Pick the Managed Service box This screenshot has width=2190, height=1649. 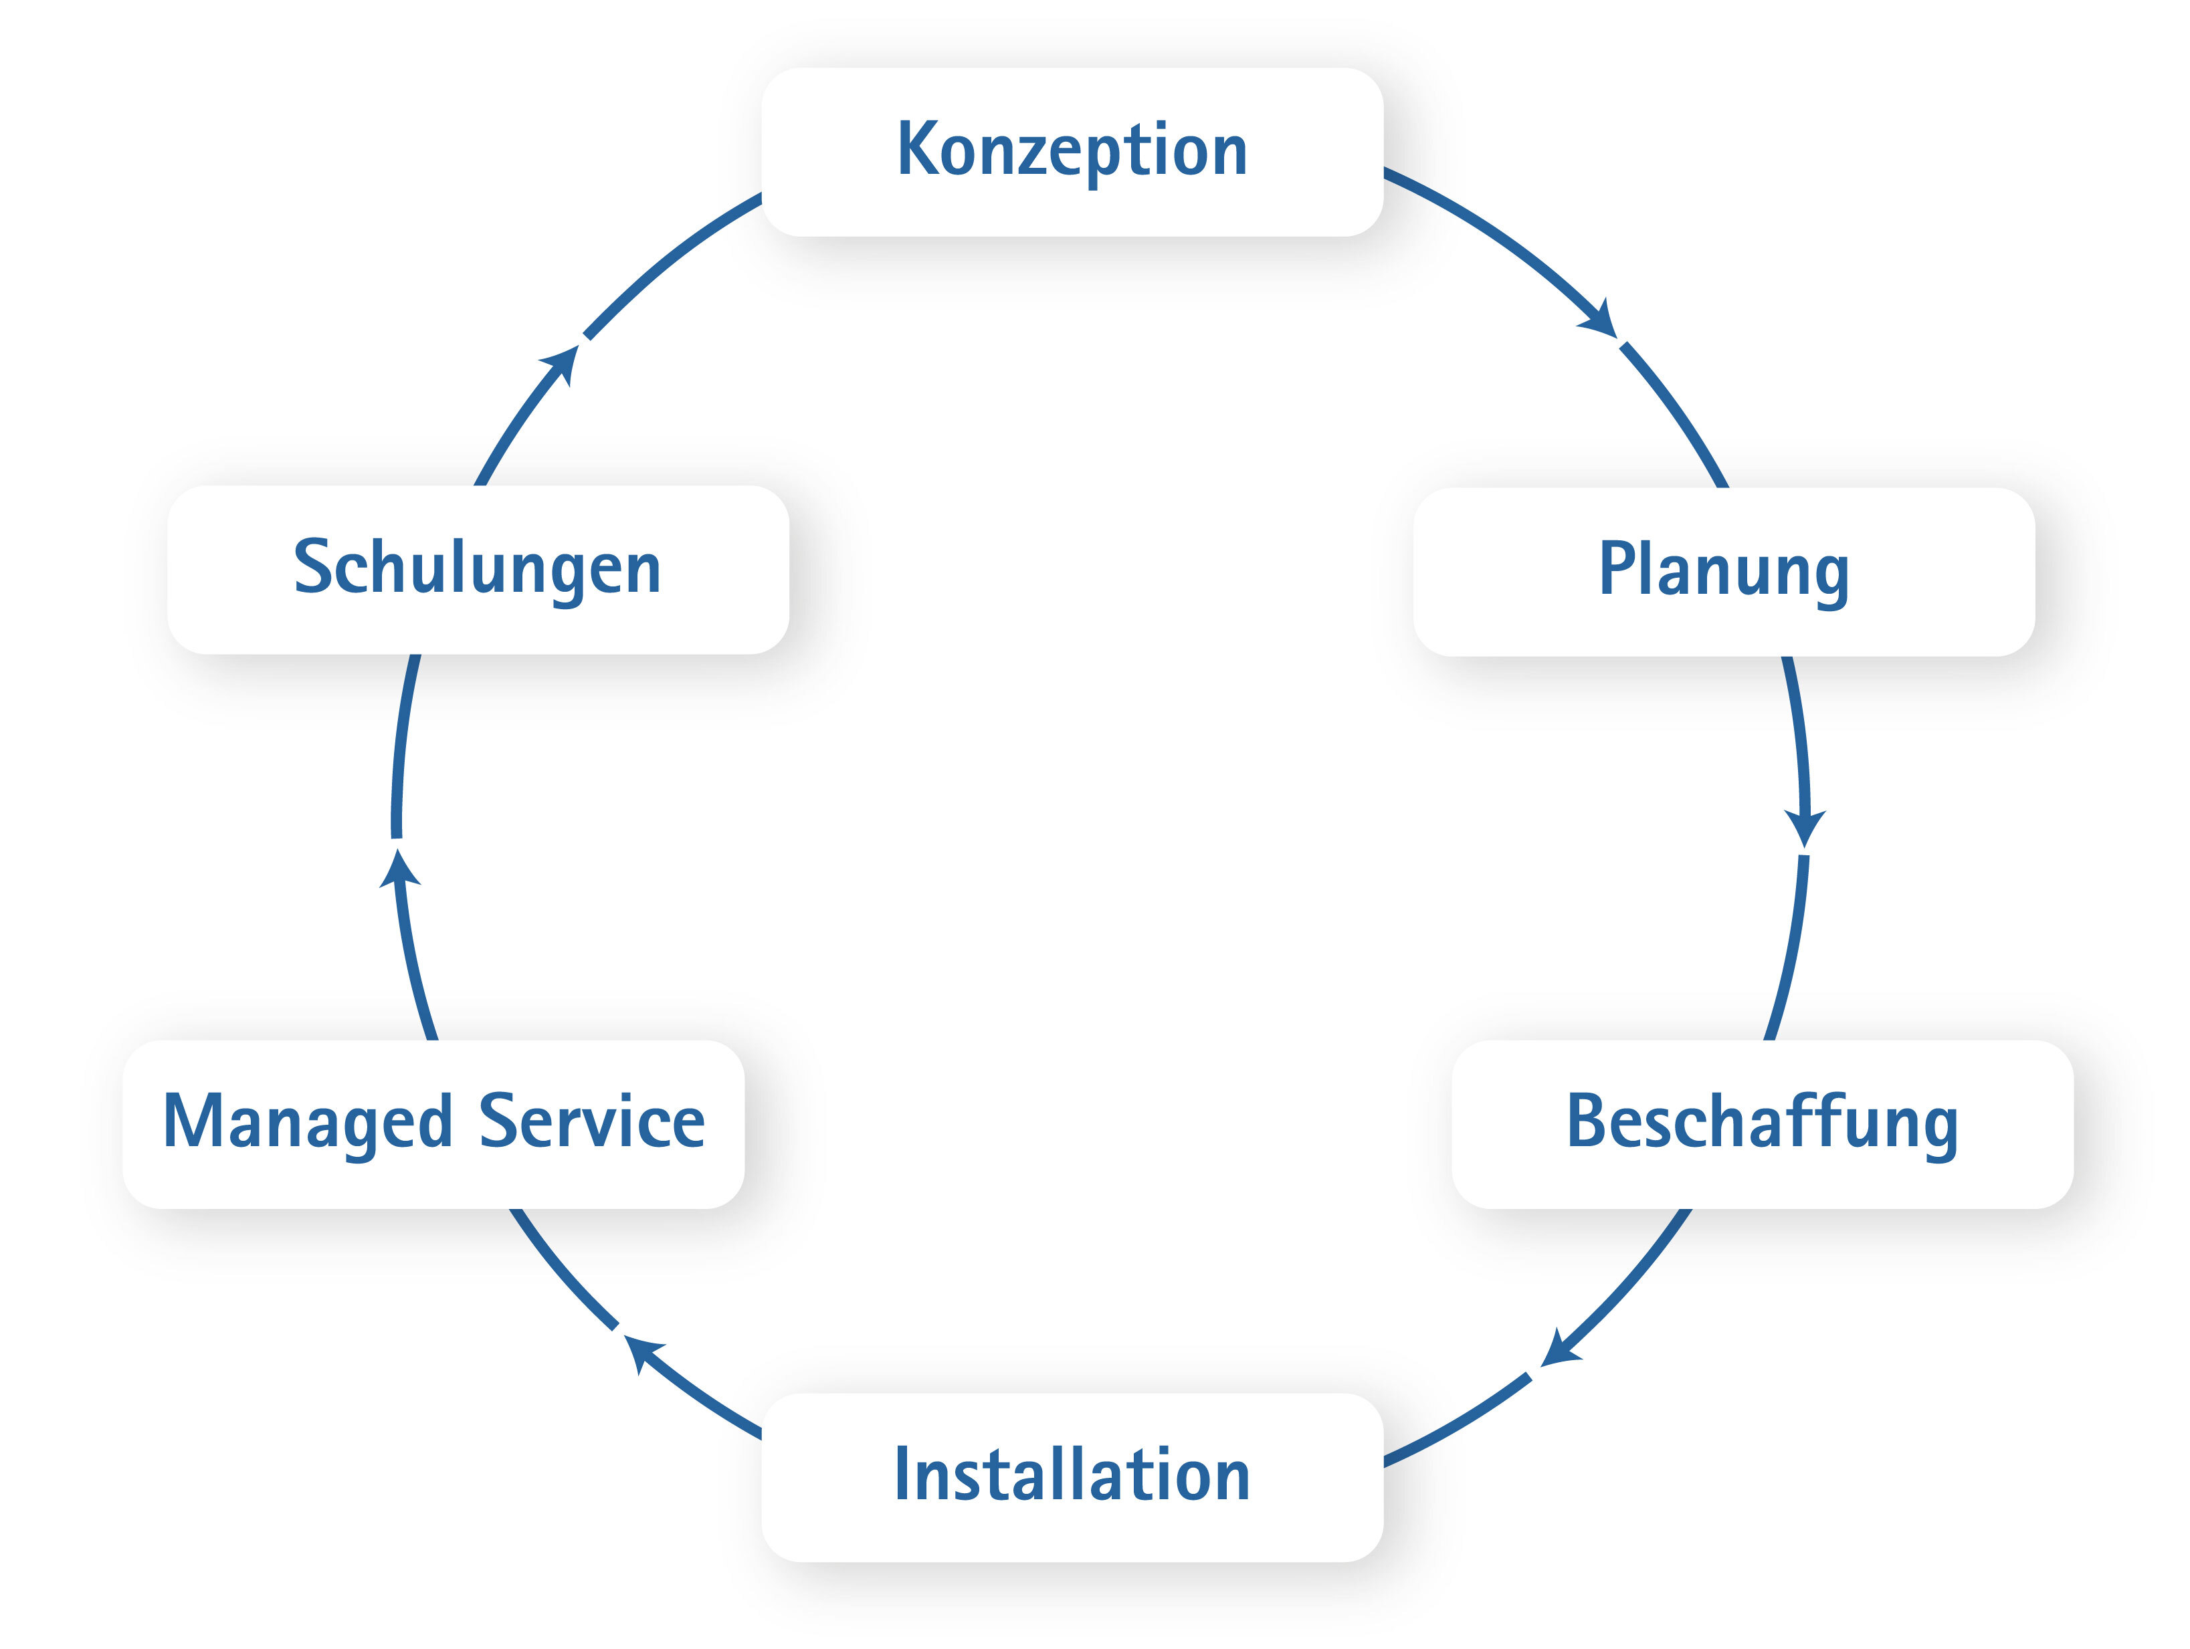click(x=433, y=1123)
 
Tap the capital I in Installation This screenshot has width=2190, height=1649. click(x=901, y=1474)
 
